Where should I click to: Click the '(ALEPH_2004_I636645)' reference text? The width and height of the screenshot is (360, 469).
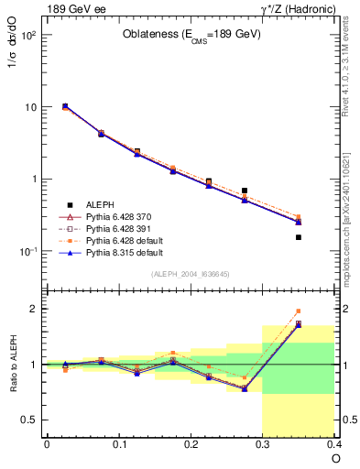tap(191, 274)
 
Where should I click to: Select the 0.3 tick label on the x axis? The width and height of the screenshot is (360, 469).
tap(263, 444)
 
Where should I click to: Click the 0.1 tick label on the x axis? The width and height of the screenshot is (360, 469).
tap(118, 444)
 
